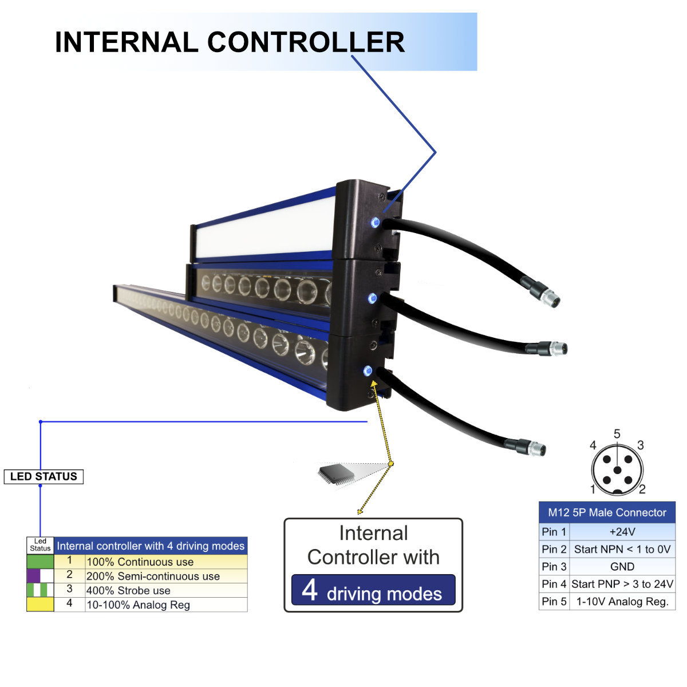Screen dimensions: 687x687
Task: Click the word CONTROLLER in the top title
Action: tap(306, 42)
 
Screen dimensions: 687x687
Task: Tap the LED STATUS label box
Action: tap(44, 476)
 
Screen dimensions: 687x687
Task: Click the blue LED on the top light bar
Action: tap(376, 222)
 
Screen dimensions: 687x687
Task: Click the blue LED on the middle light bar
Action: tap(372, 298)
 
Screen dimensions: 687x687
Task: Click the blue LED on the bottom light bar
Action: tap(368, 371)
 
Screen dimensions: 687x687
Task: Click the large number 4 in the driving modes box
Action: tap(310, 590)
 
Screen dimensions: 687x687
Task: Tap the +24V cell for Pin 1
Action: tap(622, 532)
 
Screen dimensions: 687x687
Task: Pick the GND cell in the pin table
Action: tap(622, 567)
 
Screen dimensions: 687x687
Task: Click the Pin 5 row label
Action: tap(554, 602)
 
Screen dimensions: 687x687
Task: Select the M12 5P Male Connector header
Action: tap(607, 512)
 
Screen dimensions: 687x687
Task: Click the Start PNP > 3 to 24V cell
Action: tap(622, 584)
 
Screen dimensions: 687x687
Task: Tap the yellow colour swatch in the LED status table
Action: tap(40, 604)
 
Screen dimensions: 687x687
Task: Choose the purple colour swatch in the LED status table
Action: tap(33, 575)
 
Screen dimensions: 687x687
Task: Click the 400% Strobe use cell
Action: tap(165, 590)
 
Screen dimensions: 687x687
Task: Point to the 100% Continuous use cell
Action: tap(165, 562)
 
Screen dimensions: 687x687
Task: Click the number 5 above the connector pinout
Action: tap(617, 434)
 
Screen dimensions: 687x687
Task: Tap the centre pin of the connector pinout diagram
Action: tap(617, 470)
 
